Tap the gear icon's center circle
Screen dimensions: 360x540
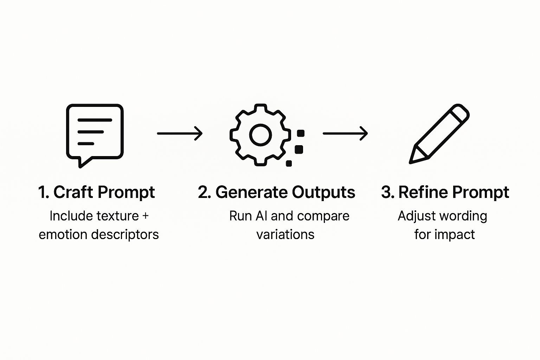tap(261, 135)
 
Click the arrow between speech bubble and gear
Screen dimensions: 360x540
tap(180, 134)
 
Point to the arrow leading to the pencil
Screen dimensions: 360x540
tap(345, 134)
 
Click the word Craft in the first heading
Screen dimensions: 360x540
tap(73, 192)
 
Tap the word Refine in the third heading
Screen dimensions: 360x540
tap(423, 192)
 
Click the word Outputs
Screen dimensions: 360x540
tap(323, 192)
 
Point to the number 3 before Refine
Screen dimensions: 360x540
tap(386, 192)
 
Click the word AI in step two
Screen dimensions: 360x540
tap(262, 216)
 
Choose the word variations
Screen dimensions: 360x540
tap(285, 234)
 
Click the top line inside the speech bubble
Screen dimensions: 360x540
tap(95, 120)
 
